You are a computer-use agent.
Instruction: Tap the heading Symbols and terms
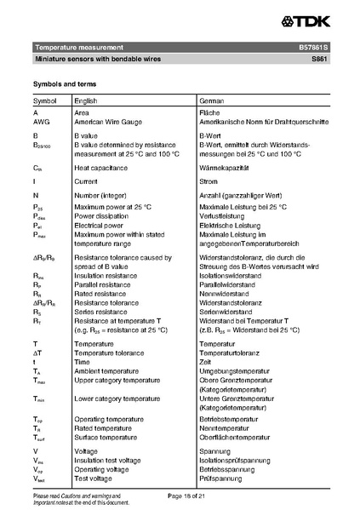(x=64, y=83)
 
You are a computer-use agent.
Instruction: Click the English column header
(x=86, y=100)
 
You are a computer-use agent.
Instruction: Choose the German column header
(x=211, y=100)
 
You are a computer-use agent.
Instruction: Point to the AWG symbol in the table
(x=42, y=122)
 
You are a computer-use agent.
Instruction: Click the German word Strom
(x=209, y=181)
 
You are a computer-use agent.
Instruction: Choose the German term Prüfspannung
(x=220, y=478)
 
